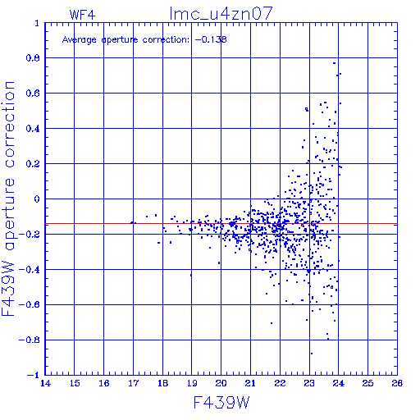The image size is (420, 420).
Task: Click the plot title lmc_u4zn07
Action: pos(221,14)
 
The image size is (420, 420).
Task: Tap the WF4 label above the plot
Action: pos(82,15)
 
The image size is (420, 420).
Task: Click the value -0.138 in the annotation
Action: pos(211,39)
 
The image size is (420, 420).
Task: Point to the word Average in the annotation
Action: pos(80,40)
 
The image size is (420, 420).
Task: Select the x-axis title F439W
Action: pos(221,402)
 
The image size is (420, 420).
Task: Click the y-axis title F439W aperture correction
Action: pos(8,199)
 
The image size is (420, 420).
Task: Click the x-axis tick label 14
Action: pos(45,383)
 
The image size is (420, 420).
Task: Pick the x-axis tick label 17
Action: pos(134,383)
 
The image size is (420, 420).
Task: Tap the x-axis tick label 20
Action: pos(221,383)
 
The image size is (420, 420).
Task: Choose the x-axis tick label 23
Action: pos(309,383)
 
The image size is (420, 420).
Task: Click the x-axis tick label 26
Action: pos(397,383)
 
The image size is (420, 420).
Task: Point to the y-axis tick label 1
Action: pos(37,23)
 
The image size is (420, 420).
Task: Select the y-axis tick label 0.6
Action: pos(33,94)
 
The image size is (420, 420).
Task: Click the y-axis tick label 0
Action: pos(37,199)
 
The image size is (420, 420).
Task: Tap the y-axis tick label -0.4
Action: pos(30,270)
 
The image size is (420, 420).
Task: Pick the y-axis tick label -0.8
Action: pos(30,340)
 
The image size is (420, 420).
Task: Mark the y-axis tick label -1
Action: pos(34,375)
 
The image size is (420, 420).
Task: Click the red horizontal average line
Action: pos(221,224)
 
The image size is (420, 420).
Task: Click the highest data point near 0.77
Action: pos(334,63)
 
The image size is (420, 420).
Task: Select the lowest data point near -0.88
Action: pos(312,354)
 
